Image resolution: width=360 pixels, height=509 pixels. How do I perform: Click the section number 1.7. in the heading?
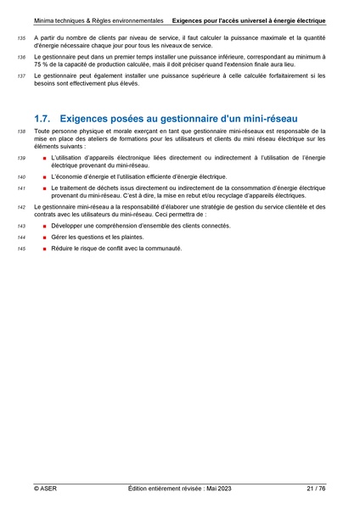(x=44, y=118)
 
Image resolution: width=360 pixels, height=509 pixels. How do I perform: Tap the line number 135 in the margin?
(x=21, y=39)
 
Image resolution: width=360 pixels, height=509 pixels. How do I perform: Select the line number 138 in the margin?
(x=21, y=132)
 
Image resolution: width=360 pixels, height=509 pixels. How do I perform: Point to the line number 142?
(x=21, y=207)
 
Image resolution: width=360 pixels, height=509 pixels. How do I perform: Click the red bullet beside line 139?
(x=44, y=158)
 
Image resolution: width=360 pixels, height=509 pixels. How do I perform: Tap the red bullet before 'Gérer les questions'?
(x=44, y=238)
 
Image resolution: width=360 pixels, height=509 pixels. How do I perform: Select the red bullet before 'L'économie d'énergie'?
(x=44, y=176)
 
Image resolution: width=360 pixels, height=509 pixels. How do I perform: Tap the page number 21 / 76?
(x=316, y=489)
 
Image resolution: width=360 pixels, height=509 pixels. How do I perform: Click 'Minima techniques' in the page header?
(x=62, y=19)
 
